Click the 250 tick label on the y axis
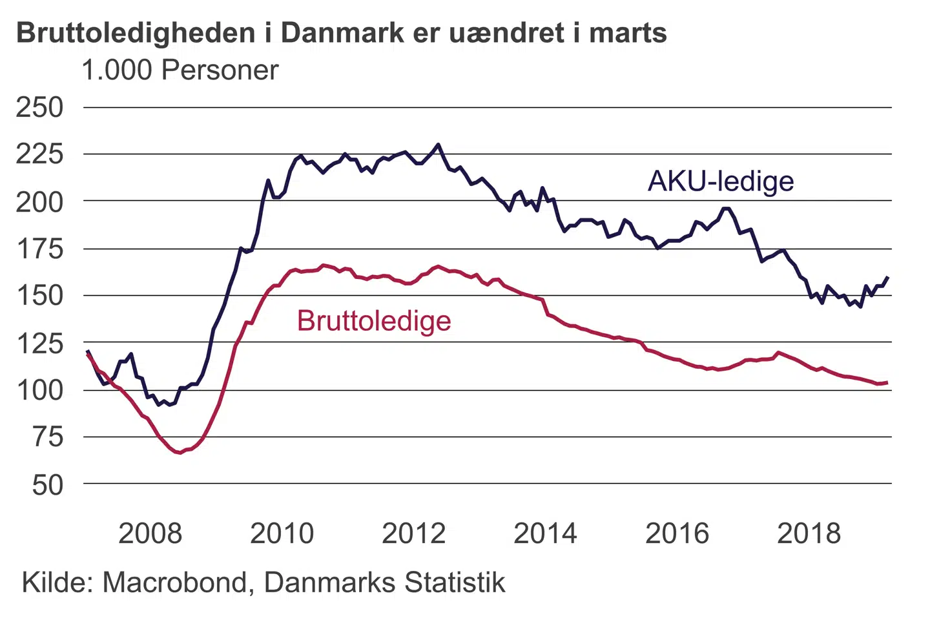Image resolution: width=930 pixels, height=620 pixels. (39, 107)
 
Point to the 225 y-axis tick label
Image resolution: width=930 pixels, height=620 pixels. (39, 154)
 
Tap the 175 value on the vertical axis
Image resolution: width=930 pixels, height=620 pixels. (39, 249)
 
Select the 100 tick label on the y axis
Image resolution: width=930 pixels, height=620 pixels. (39, 390)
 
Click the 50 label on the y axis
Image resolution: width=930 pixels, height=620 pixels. (48, 484)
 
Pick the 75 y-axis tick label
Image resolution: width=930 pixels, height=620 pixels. (48, 437)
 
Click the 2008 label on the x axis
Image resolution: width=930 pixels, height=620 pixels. (150, 533)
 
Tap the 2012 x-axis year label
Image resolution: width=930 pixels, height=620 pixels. (414, 533)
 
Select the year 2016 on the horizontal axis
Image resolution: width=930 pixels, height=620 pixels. (677, 533)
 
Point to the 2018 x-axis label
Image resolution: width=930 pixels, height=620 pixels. (809, 533)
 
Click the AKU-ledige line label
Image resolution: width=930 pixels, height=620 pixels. (721, 181)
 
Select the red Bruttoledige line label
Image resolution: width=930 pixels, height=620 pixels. (374, 321)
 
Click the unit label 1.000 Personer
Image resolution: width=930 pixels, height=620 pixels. (180, 70)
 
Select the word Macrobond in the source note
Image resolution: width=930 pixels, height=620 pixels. (174, 583)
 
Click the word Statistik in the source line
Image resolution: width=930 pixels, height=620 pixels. (455, 583)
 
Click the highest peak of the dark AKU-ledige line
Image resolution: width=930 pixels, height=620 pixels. (439, 145)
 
